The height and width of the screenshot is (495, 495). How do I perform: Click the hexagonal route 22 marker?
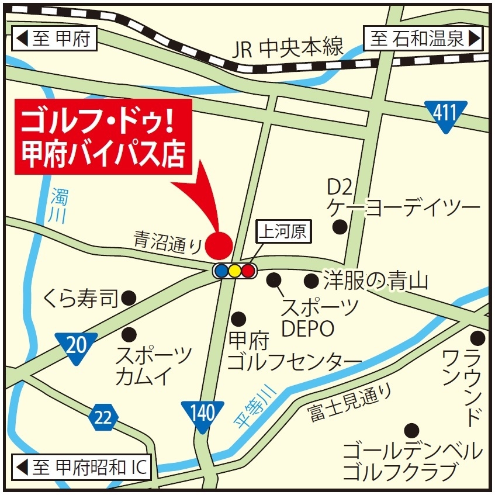pos(103,417)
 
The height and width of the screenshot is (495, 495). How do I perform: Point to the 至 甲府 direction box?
pos(54,40)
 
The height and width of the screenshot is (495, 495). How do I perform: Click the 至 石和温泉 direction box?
pos(424,39)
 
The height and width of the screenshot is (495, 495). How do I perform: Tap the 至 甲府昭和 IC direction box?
pos(82,468)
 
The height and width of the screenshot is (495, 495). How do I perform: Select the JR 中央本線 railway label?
pos(288,48)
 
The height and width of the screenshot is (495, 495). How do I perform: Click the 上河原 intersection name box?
pos(283,232)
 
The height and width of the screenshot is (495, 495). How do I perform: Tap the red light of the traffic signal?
pos(248,271)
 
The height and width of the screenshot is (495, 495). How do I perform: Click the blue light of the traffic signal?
pos(221,271)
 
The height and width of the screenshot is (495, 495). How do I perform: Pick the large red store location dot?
pos(219,244)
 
